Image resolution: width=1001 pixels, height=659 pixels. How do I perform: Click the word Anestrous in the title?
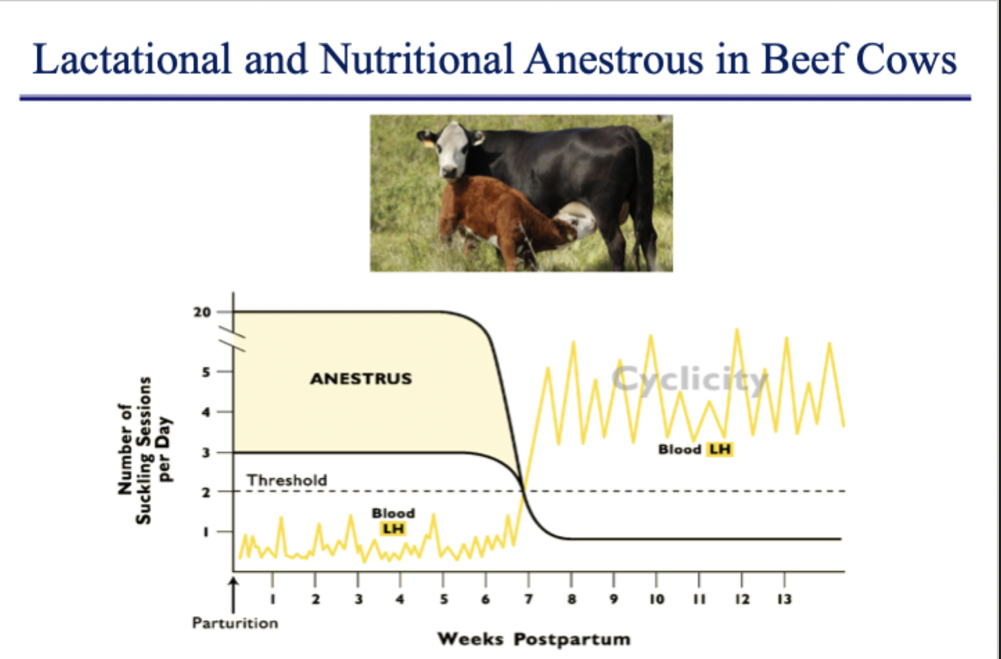[614, 60]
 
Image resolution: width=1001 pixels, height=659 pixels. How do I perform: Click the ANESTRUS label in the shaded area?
[361, 379]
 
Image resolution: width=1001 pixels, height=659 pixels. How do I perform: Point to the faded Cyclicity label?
[689, 379]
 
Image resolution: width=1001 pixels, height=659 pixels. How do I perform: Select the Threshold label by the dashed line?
[287, 480]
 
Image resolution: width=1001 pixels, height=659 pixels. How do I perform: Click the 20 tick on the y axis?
[202, 312]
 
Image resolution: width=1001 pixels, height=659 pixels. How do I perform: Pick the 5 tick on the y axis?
[206, 372]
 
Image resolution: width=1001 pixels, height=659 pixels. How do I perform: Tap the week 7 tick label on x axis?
[527, 599]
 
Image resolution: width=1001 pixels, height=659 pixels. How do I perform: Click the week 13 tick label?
[784, 599]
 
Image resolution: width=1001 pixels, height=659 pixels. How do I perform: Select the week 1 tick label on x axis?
[273, 599]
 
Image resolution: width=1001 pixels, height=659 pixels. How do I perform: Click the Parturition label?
[235, 623]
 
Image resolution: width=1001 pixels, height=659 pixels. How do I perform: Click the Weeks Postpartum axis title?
[534, 639]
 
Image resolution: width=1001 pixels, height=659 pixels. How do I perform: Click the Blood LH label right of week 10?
[695, 449]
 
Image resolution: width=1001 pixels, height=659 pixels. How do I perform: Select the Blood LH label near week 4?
[393, 521]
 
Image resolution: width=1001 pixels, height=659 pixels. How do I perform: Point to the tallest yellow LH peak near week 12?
[737, 332]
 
